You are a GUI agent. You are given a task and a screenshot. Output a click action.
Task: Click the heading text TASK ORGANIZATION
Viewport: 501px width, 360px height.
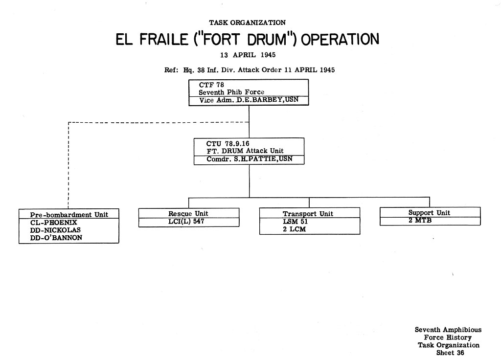point(247,22)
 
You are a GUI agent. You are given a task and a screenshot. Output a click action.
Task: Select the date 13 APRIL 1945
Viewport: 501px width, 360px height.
point(248,55)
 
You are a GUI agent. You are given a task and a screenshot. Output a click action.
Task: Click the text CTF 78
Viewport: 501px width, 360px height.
point(211,85)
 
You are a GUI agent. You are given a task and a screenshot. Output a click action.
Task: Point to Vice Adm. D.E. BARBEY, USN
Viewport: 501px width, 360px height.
point(249,100)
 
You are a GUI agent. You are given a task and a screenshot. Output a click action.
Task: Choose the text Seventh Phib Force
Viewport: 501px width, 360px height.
point(231,92)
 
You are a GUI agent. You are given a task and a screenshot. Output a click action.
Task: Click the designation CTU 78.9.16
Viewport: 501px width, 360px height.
point(228,144)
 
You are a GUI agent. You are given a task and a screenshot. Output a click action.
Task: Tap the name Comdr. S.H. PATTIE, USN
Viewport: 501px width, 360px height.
point(249,159)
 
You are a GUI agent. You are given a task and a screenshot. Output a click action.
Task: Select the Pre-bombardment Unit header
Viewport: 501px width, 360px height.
point(69,215)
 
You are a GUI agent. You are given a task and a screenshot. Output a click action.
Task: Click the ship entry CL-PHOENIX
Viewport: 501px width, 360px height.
point(54,223)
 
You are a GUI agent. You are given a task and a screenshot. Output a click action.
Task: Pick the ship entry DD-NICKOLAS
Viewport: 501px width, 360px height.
point(55,230)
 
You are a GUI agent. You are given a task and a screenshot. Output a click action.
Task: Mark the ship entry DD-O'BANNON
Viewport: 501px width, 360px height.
point(56,238)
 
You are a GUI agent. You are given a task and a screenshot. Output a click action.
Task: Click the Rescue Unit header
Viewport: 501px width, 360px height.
point(188,213)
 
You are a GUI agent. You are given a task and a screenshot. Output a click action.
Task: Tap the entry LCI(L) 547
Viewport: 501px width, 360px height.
point(186,221)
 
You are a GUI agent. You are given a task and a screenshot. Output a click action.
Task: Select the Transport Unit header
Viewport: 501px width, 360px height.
point(308,214)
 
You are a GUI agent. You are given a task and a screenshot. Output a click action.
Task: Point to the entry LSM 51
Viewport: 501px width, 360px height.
point(295,222)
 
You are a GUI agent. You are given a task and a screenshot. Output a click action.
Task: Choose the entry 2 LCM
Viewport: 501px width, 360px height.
point(294,229)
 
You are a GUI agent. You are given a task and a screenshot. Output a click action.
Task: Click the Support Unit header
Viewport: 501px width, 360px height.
point(429,213)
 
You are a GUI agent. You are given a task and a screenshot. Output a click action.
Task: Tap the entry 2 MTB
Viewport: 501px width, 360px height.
point(420,220)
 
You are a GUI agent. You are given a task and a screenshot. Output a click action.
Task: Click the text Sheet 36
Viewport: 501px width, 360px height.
point(450,353)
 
